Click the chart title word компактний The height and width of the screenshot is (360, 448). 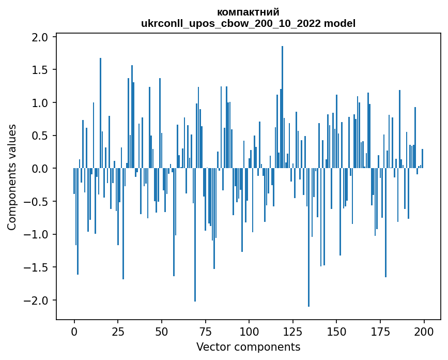(248, 12)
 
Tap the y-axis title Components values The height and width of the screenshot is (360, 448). (11, 177)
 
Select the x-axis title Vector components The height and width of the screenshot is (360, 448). (248, 347)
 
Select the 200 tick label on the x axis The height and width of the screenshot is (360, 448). (424, 331)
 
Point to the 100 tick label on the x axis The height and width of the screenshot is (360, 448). (249, 331)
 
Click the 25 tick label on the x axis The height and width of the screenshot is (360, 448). (118, 331)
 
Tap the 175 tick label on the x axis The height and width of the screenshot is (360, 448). (380, 331)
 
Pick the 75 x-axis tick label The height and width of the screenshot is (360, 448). (205, 331)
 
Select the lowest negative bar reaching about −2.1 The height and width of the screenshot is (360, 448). (308, 238)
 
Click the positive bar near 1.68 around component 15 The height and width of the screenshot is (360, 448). (100, 113)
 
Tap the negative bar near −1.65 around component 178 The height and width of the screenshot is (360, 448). (385, 223)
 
